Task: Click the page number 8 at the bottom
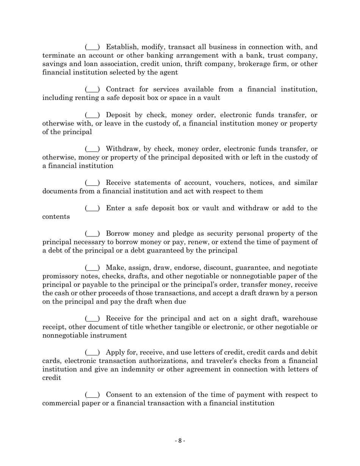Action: pyautogui.click(x=180, y=441)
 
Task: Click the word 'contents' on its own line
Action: pyautogui.click(x=56, y=217)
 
